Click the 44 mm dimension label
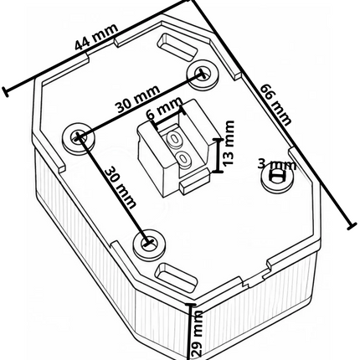(95, 37)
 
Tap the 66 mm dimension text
(275, 105)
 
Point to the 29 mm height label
(198, 333)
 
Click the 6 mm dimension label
(165, 108)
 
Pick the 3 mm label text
(276, 165)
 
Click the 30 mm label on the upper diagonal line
(139, 99)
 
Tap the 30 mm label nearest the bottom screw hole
(121, 187)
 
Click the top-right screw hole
(203, 75)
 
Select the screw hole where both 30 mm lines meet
(78, 137)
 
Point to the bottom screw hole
(149, 243)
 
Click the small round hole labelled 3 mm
(277, 177)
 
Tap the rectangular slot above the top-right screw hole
(177, 47)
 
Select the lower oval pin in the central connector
(183, 159)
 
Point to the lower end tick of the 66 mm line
(352, 226)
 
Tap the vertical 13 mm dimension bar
(219, 155)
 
